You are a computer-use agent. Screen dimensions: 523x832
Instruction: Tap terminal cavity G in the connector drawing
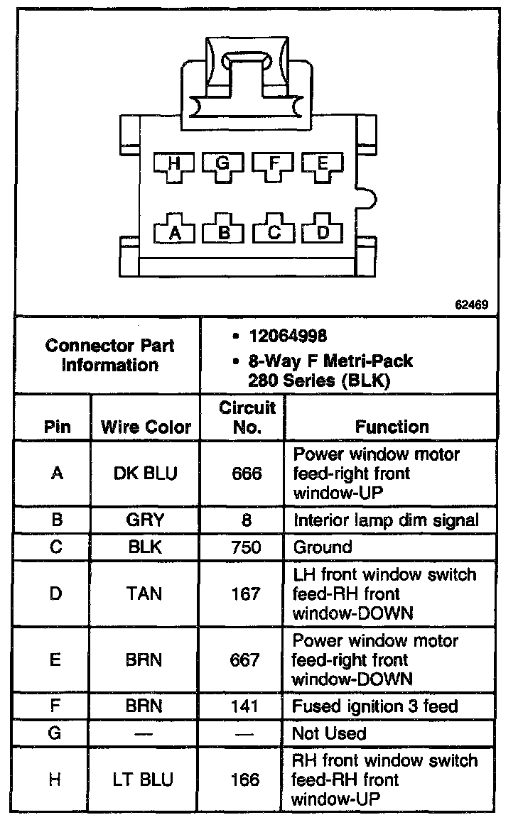click(x=223, y=165)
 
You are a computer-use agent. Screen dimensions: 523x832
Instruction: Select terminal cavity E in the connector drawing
click(x=322, y=165)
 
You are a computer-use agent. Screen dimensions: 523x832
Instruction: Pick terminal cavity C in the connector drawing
click(x=274, y=231)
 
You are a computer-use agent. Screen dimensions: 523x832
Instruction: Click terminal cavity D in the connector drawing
click(x=323, y=231)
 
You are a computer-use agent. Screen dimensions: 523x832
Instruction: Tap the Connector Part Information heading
click(x=109, y=356)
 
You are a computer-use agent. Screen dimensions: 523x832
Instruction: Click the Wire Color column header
click(x=146, y=427)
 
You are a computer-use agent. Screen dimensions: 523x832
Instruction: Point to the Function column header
click(x=392, y=427)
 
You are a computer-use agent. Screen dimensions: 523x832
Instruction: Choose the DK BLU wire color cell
click(x=146, y=474)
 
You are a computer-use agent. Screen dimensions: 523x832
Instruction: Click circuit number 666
click(x=246, y=474)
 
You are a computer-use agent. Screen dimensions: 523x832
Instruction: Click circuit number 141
click(x=246, y=706)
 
